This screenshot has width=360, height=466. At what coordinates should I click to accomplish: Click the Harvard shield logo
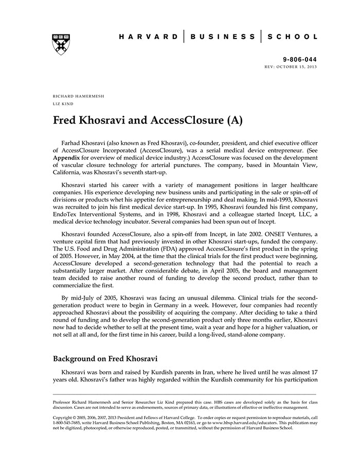(61, 44)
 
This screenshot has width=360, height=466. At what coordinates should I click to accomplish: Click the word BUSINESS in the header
(222, 37)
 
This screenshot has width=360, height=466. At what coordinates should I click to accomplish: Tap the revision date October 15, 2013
(299, 67)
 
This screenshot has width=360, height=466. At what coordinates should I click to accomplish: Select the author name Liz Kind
(62, 104)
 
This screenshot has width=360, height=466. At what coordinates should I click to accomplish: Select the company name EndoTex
(66, 218)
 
